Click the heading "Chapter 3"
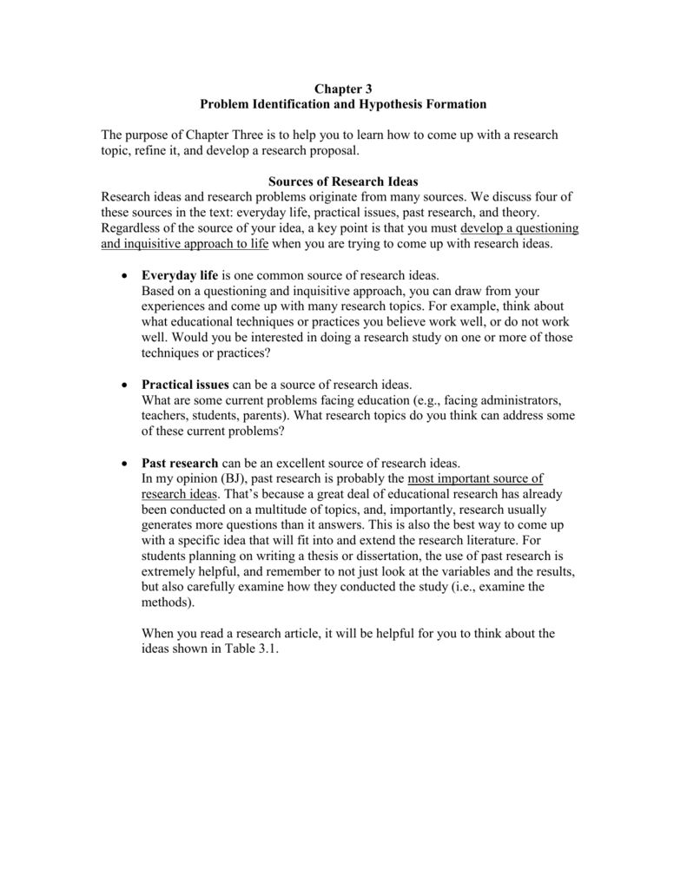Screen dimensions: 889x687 [343, 88]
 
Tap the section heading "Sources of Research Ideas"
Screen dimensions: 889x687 [343, 181]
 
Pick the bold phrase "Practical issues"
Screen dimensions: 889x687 [185, 385]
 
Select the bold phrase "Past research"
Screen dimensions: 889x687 [181, 463]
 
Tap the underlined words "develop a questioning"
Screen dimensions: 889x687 [519, 228]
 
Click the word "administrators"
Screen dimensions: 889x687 [516, 400]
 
